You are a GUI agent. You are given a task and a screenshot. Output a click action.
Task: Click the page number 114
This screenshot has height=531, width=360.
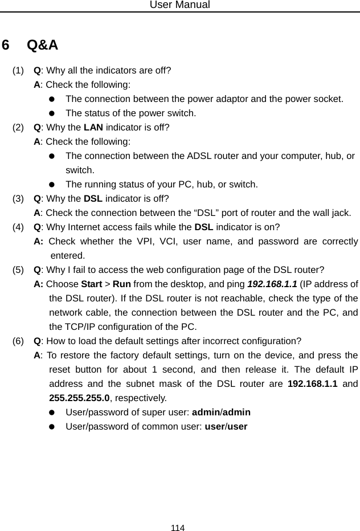click(178, 528)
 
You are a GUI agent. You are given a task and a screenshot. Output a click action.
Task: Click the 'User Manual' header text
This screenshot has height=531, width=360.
click(179, 5)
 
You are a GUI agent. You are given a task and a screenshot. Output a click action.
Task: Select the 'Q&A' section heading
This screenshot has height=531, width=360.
click(42, 44)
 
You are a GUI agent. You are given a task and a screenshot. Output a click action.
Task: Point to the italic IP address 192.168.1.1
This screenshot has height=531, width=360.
click(272, 284)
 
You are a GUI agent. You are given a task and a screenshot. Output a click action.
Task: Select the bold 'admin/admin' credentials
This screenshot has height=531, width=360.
click(222, 412)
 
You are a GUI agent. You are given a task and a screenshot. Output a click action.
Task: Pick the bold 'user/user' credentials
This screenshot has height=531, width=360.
click(226, 426)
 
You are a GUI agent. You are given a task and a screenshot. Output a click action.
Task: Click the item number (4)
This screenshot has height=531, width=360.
click(18, 227)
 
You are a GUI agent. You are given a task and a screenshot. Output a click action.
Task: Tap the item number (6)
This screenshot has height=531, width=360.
click(18, 341)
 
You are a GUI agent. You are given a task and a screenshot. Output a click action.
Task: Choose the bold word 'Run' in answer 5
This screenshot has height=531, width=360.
click(122, 284)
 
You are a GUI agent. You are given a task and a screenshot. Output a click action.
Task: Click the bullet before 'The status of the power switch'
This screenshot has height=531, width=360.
click(52, 113)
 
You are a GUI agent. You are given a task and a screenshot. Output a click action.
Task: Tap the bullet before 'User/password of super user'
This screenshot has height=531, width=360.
click(52, 412)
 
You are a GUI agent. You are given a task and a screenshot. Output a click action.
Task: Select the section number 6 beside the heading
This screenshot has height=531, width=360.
click(6, 44)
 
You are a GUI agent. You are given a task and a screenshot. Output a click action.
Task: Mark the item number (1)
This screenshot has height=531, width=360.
click(18, 71)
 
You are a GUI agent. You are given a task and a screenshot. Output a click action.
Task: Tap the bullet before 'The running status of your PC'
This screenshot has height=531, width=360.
click(52, 184)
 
